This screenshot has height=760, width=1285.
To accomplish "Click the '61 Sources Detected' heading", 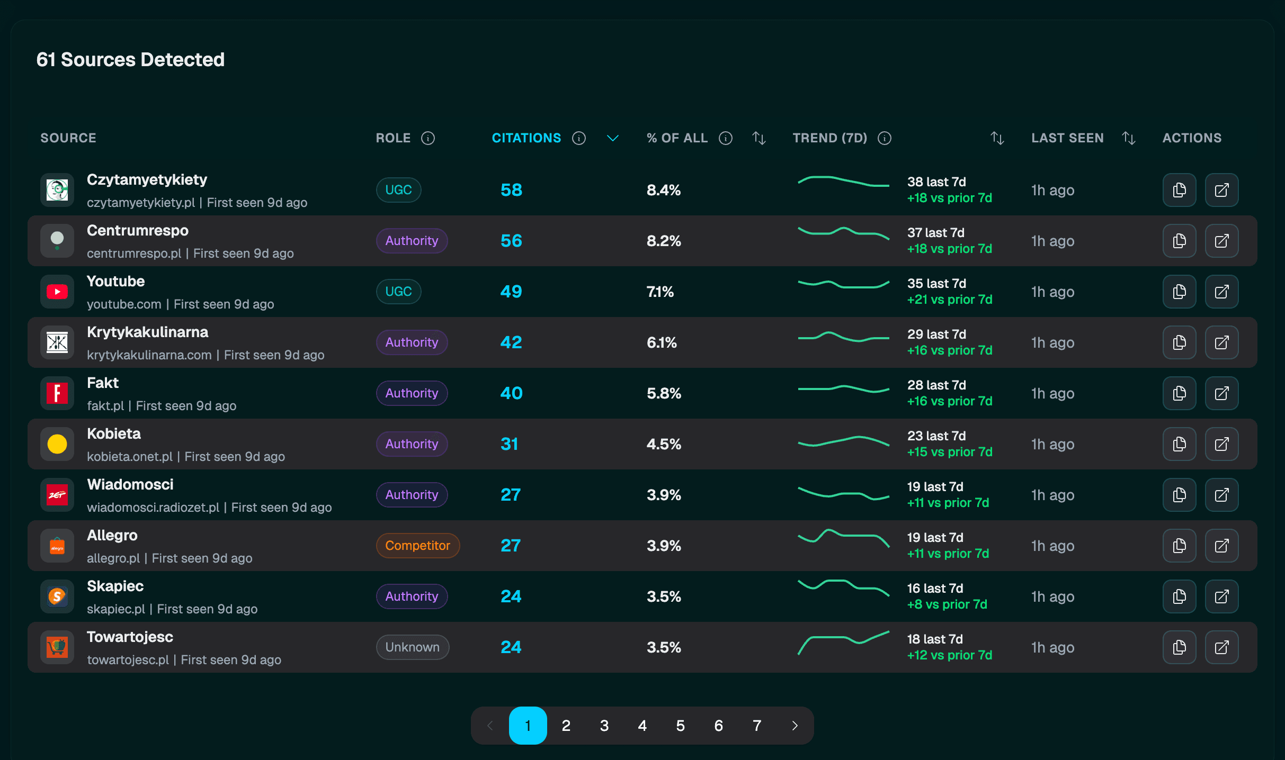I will [130, 60].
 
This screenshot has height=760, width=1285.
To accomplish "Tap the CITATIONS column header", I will [526, 138].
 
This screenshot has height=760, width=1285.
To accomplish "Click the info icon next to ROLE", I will [428, 138].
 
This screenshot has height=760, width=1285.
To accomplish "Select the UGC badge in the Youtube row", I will [398, 292].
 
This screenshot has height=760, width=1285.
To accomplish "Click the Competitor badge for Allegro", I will [417, 546].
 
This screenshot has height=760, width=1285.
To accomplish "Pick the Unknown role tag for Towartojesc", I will [412, 647].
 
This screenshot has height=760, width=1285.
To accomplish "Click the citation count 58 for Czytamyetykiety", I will [511, 190].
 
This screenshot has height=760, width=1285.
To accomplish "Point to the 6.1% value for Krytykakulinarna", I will [662, 342].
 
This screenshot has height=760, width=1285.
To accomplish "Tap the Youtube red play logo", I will [57, 292].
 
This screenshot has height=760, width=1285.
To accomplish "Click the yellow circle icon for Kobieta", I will [57, 444].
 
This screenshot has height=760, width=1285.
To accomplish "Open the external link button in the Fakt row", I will [1221, 393].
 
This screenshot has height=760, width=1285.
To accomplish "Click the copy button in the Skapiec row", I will [1179, 596].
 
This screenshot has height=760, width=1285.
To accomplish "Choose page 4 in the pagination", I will [642, 726].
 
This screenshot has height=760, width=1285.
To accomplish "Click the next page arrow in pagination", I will [795, 726].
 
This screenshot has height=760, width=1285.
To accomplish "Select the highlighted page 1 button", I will [528, 726].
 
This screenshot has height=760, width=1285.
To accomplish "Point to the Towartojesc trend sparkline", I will [843, 643].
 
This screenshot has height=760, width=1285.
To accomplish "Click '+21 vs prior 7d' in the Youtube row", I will [949, 300].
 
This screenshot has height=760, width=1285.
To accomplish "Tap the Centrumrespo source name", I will [138, 231].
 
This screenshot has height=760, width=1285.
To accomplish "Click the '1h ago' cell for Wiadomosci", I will [1052, 495].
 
